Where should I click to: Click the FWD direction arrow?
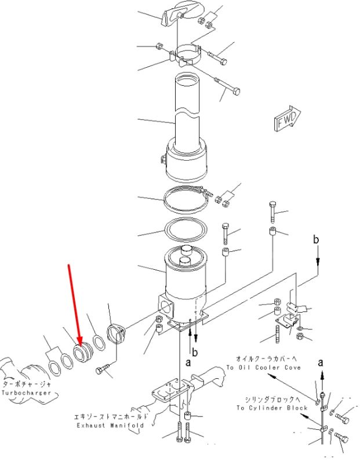coord(287,118)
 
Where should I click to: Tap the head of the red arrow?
coord(79,343)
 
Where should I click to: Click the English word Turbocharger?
coord(26,393)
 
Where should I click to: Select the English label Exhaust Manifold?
coord(110,425)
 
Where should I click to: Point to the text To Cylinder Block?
coord(272,408)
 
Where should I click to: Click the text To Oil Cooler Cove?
coord(264,367)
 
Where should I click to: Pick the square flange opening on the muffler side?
coord(166,308)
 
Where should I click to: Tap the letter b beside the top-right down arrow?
coord(316,239)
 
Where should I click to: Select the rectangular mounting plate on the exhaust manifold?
coord(170,390)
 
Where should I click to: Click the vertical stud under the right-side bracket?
coord(278,334)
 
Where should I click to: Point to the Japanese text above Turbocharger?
coord(27,384)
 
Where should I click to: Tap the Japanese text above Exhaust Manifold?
coord(111,416)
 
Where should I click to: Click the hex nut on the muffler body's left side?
coord(163,160)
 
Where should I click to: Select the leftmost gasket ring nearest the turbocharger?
coord(54,368)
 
